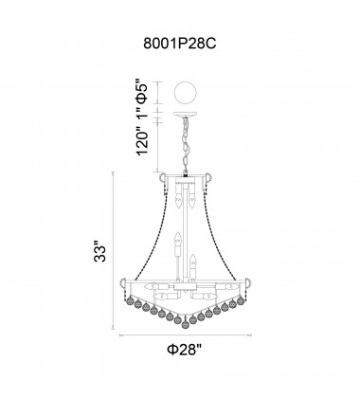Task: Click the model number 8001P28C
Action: tap(179, 43)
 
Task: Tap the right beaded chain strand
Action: tap(227, 227)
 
